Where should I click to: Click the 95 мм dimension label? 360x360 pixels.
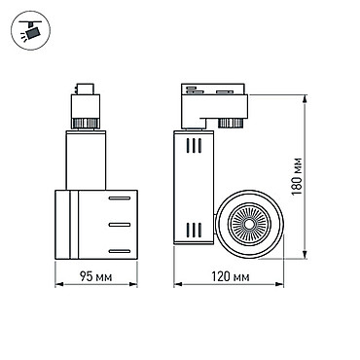(x=96, y=276)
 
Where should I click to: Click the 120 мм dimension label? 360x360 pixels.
(x=231, y=276)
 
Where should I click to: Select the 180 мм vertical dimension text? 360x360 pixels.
(x=297, y=176)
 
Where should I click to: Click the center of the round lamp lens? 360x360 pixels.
(x=249, y=224)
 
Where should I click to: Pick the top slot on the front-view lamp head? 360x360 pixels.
(x=120, y=198)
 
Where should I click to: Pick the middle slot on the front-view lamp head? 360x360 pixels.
(x=120, y=225)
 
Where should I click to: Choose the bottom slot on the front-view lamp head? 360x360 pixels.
(x=120, y=251)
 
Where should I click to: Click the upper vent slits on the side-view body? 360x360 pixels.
(x=194, y=145)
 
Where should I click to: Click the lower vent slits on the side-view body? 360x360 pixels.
(x=194, y=230)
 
